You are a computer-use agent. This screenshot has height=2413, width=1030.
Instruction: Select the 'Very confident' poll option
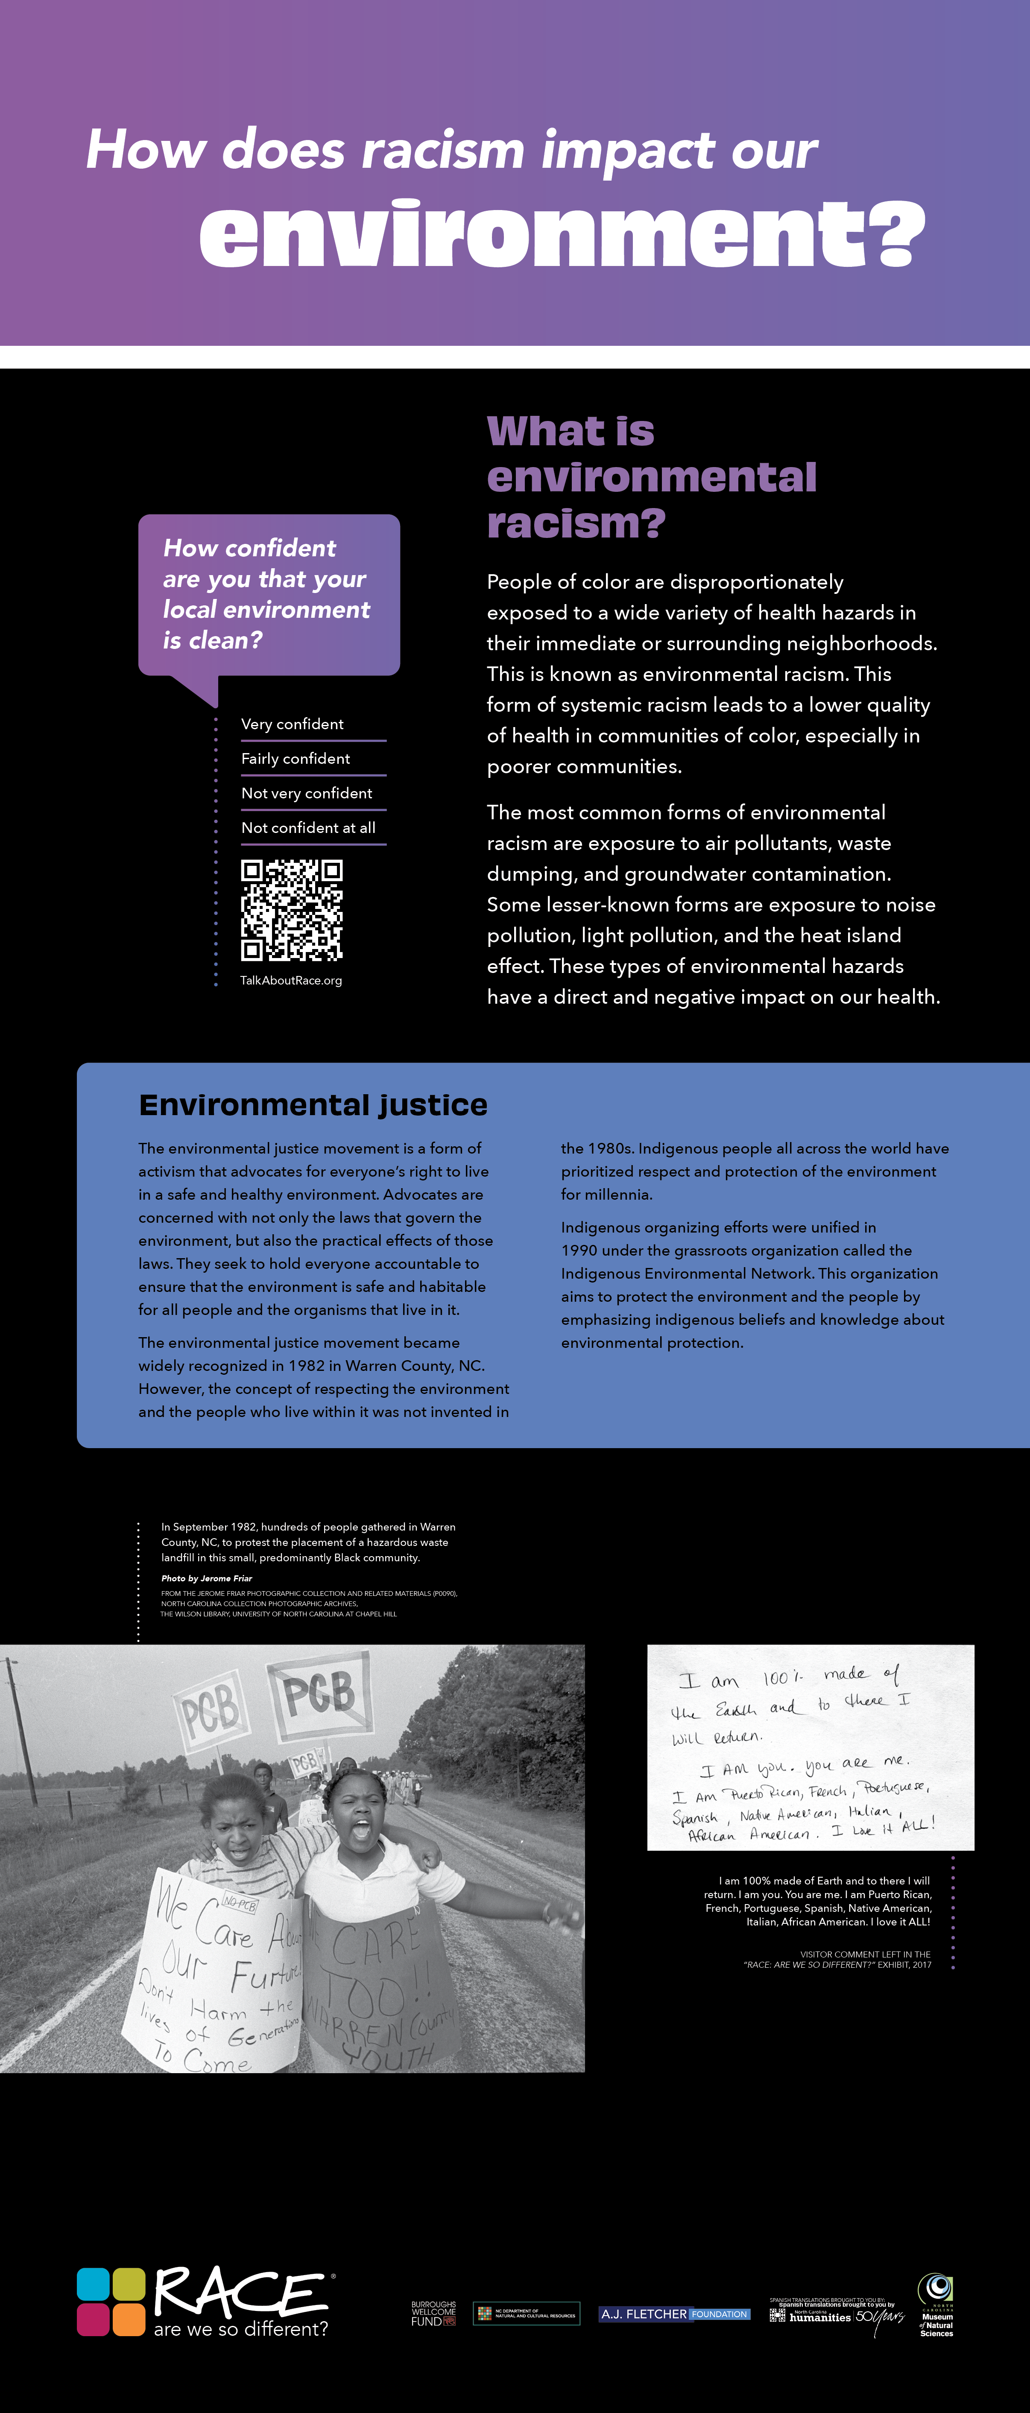point(293,724)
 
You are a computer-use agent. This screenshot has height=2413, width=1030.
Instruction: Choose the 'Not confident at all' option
point(308,828)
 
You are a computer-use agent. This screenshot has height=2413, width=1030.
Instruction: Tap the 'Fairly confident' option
point(295,759)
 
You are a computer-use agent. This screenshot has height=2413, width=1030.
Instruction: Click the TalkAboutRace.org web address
point(290,981)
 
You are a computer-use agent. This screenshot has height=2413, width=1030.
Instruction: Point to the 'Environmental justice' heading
point(313,1105)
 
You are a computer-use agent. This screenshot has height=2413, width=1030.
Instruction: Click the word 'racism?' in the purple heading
point(576,523)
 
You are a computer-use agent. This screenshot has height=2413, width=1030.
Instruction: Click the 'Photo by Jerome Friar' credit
point(206,1578)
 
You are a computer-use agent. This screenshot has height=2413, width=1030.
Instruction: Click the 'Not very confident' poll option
point(307,793)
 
